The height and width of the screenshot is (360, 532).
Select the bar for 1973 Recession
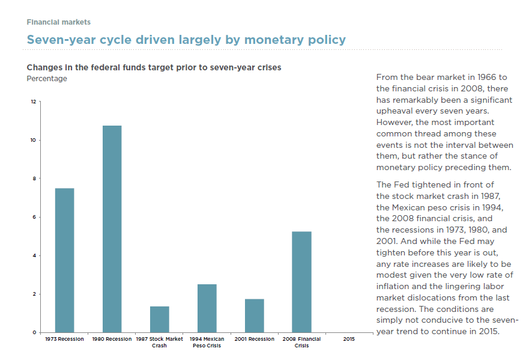point(64,260)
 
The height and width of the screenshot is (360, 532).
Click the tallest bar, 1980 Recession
point(112,229)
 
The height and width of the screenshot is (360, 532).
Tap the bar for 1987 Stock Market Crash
point(159,319)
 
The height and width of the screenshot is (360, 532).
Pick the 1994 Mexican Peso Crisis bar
point(207,308)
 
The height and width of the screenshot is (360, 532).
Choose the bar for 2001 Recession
point(254,316)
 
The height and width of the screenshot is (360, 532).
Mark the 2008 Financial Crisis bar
point(301,282)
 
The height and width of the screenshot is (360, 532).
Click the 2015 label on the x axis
point(349,339)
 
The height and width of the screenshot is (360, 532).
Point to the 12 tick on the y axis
point(34,102)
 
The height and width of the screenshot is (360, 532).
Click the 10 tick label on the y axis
point(34,140)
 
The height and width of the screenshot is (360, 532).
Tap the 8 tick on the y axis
point(34,178)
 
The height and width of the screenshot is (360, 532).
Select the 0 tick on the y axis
point(34,332)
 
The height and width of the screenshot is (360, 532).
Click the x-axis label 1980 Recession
point(112,339)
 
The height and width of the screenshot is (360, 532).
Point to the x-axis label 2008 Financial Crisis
point(301,342)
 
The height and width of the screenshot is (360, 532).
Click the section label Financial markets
point(59,22)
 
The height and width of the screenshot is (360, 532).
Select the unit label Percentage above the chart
point(47,79)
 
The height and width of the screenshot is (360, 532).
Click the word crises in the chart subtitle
point(268,67)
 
